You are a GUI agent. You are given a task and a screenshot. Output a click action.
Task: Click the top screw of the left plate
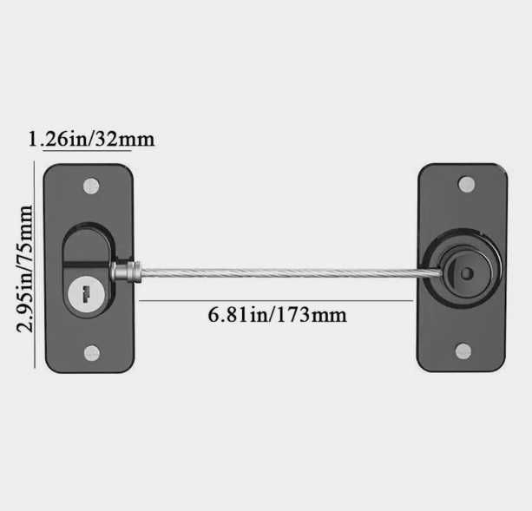(91, 187)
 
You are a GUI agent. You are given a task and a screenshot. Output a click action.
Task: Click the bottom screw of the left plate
(92, 353)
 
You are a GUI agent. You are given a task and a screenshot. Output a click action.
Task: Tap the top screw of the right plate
(467, 185)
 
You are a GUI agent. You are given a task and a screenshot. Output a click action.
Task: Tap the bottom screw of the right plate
(463, 351)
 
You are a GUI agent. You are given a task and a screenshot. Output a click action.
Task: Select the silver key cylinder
(86, 294)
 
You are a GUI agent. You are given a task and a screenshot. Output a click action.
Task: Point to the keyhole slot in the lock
(86, 293)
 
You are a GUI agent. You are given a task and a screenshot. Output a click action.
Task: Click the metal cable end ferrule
(126, 272)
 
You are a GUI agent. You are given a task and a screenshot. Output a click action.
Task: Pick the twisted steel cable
(292, 272)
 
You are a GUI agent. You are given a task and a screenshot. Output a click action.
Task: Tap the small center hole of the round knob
(467, 273)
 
